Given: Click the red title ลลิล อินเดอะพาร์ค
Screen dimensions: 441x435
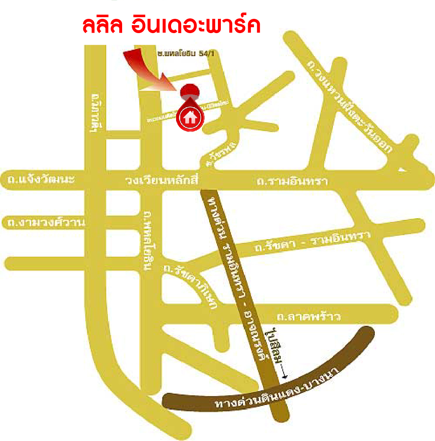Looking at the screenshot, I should point(172,25).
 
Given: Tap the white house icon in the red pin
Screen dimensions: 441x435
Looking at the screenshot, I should point(190,117).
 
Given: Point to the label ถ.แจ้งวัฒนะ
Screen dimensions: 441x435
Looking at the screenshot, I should point(41,180).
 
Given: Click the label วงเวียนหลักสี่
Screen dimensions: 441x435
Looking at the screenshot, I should point(161,181).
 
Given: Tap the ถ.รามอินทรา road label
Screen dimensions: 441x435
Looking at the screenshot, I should point(292,181).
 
